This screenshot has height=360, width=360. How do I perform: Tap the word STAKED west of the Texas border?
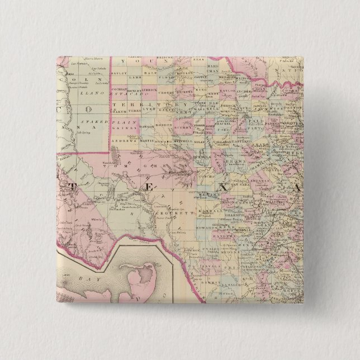pyautogui.click(x=89, y=121)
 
